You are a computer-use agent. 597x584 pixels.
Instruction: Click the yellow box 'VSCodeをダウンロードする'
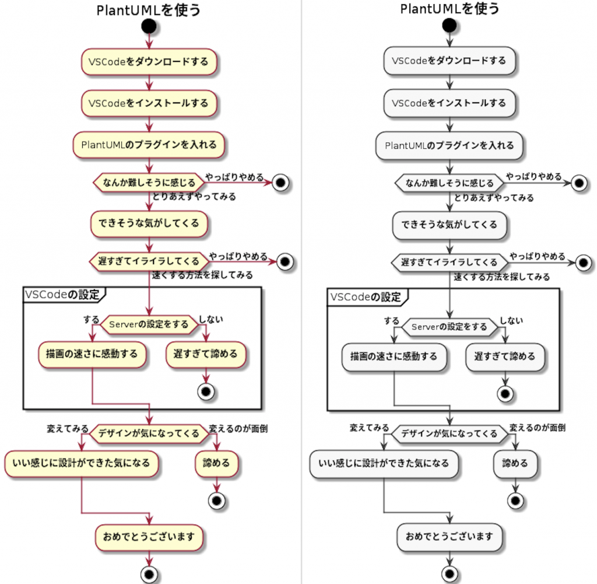[x=149, y=61]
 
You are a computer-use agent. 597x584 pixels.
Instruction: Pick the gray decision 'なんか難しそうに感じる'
[x=448, y=183]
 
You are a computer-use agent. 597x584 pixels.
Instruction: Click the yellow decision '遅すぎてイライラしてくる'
[x=149, y=260]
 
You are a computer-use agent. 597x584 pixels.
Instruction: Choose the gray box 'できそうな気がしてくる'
[x=448, y=224]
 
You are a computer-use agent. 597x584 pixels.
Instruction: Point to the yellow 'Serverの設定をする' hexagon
[x=149, y=324]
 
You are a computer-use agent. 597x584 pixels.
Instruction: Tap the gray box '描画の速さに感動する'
[x=394, y=356]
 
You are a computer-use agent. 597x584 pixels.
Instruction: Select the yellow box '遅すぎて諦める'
[x=205, y=354]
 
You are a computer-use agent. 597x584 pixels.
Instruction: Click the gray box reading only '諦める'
[x=515, y=463]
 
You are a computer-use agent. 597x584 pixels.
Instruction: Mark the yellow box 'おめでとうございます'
[x=149, y=536]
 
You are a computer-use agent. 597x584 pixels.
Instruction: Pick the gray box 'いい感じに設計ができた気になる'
[x=384, y=463]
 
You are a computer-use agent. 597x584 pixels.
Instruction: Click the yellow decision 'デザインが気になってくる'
[x=149, y=433]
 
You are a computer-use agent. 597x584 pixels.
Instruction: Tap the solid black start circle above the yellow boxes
[x=149, y=26]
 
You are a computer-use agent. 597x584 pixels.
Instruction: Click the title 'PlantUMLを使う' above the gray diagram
[x=449, y=9]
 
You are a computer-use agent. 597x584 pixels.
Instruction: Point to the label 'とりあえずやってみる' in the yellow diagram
[x=194, y=197]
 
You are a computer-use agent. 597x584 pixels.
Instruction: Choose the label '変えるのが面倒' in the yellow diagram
[x=238, y=428]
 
